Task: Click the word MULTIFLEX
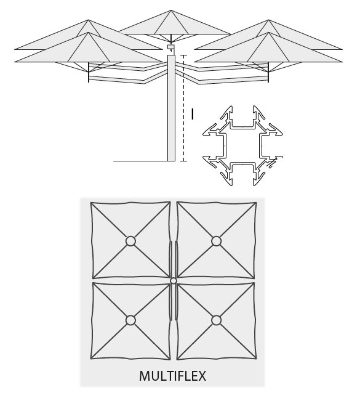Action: coord(172,376)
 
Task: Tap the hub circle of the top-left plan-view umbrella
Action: coord(130,241)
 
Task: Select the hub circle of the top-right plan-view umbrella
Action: coord(216,241)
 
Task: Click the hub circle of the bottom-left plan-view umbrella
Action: coord(130,320)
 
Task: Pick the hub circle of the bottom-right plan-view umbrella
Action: coord(216,320)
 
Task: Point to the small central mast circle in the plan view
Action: coord(174,281)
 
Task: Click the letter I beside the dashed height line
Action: coord(193,114)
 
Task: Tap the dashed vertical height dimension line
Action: coord(183,108)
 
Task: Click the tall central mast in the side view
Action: coord(171,108)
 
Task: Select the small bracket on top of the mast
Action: coord(171,47)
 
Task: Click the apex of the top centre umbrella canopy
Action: coord(171,10)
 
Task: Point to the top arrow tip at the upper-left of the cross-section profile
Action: coord(231,107)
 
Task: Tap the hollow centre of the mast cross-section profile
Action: coord(242,145)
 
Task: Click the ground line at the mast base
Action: coord(140,161)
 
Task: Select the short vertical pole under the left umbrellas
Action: coord(89,72)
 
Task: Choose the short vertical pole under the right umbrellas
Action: coord(268,72)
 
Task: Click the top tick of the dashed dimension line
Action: coord(183,55)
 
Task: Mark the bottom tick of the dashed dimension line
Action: coord(183,161)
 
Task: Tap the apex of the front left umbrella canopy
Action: coord(89,33)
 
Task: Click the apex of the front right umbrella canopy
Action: coord(268,33)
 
